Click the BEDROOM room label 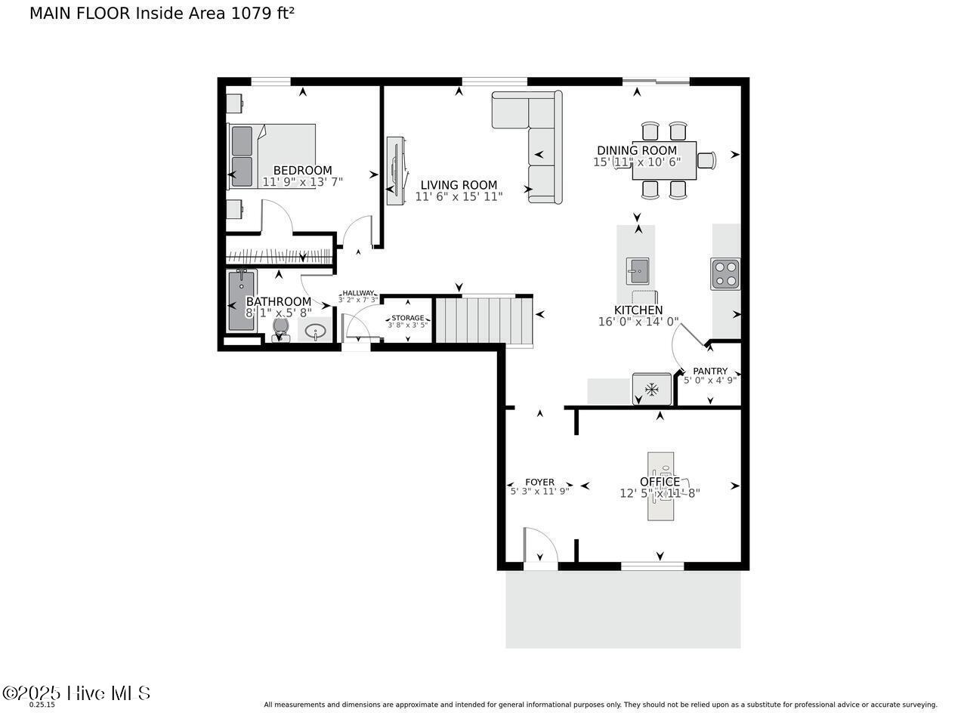coord(302,171)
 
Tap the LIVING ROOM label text coord(459,185)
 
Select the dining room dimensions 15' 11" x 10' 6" coord(637,162)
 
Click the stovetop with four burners coord(725,274)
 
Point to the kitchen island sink coord(638,271)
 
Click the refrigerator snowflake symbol coord(652,390)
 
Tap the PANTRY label coord(710,371)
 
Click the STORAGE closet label coord(407,318)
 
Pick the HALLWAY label coord(358,293)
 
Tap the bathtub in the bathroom coord(243,301)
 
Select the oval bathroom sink coord(316,331)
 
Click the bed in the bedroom coord(272,156)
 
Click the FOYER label coord(539,482)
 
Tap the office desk coord(660,486)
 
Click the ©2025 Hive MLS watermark coord(76,693)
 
